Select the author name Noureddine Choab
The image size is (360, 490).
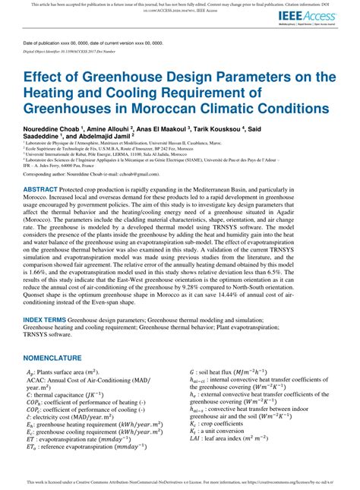[58, 129]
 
